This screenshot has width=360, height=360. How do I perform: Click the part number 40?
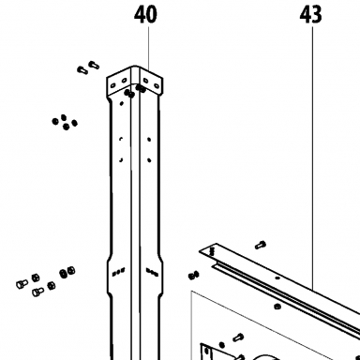145,15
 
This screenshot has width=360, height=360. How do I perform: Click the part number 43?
310,15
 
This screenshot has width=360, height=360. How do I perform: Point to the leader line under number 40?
148,49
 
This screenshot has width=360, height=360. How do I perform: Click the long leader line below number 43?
312,157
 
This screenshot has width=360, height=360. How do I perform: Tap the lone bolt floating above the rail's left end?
261,246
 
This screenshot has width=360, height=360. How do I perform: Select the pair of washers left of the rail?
194,276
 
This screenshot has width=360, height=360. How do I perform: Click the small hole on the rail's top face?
277,277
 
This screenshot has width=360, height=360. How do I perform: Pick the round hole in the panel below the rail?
277,307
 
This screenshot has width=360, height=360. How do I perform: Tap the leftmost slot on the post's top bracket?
113,84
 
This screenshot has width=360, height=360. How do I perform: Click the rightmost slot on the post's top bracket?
156,84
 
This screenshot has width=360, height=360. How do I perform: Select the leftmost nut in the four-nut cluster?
55,121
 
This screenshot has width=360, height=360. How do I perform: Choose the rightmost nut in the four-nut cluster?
74,123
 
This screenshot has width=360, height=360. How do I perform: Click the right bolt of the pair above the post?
94,65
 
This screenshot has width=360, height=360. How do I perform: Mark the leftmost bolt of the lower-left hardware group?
22,284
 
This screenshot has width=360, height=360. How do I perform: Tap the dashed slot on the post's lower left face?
118,272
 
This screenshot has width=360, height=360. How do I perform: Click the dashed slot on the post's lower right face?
152,272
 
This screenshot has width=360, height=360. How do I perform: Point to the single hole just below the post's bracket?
122,103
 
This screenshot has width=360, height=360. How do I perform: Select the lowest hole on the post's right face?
149,160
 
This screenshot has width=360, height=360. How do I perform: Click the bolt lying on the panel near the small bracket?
238,337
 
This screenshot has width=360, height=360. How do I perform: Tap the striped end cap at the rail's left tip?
212,250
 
